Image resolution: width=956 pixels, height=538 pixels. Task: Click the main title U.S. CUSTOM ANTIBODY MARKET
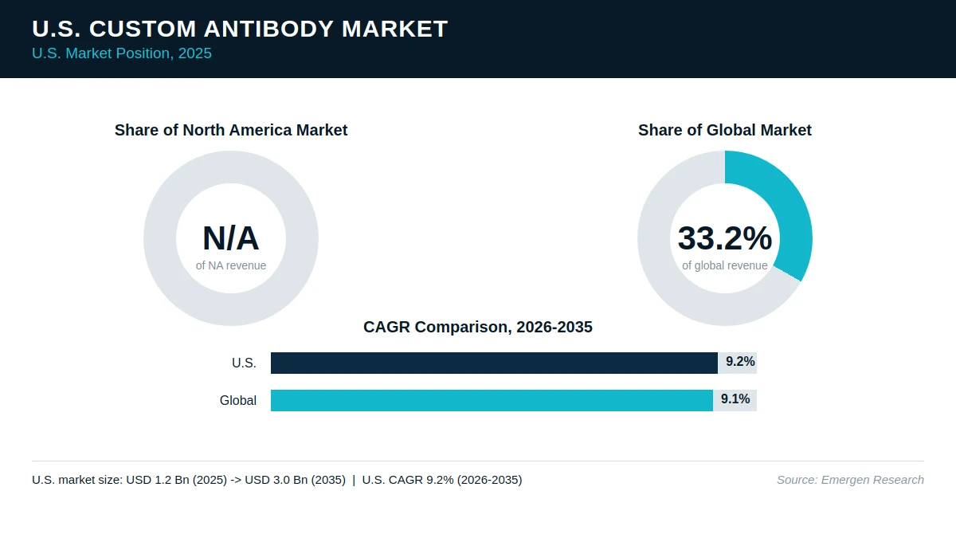point(240,29)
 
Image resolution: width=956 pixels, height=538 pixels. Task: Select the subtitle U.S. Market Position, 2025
point(122,53)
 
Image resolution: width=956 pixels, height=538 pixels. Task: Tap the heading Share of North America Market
point(231,130)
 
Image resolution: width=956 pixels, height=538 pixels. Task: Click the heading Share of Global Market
point(725,130)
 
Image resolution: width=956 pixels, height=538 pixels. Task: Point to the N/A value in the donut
point(230,238)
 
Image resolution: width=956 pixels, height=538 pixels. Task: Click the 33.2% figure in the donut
point(725,238)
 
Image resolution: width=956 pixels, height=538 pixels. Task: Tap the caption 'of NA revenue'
point(231,265)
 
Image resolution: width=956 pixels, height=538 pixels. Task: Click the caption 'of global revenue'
point(725,265)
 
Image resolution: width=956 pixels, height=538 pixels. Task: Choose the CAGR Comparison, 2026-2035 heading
point(478,327)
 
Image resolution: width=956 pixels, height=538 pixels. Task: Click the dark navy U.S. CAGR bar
point(494,363)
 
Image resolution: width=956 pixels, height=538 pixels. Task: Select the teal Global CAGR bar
point(492,400)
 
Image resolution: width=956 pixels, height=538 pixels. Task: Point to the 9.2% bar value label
point(740,362)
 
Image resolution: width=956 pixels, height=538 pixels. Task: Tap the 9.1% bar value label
point(735,399)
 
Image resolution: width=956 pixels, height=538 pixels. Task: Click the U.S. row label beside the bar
point(244,363)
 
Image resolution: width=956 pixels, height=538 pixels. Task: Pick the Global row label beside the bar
point(238,400)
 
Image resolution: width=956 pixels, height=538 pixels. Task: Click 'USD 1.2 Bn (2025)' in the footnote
point(176,480)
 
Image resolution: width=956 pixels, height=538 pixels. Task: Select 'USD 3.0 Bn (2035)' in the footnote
point(295,480)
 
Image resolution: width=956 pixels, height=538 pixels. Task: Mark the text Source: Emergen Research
point(850,480)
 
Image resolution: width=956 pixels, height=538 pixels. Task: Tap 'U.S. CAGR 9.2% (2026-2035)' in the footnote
point(442,480)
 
